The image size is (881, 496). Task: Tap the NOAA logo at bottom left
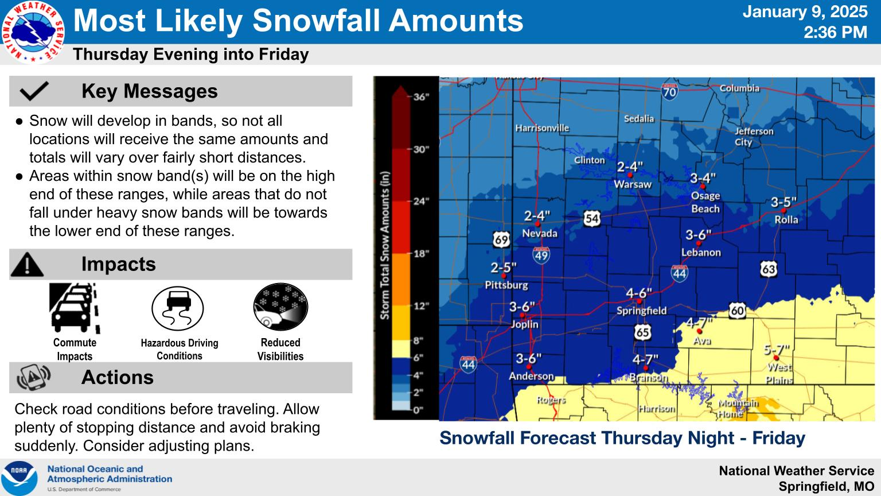click(x=19, y=478)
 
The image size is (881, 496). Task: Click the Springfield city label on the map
click(x=641, y=311)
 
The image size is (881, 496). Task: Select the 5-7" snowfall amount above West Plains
click(x=777, y=349)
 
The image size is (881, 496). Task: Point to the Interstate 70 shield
click(x=669, y=91)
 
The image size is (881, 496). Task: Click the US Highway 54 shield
click(x=592, y=218)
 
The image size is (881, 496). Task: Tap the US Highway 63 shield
click(x=769, y=268)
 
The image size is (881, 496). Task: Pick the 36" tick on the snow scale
click(x=421, y=97)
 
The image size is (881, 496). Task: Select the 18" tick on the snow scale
click(x=421, y=253)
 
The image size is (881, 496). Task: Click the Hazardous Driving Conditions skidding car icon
click(x=177, y=308)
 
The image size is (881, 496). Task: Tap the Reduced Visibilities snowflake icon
click(x=280, y=307)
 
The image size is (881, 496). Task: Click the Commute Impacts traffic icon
click(x=75, y=308)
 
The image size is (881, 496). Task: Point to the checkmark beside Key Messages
click(x=34, y=91)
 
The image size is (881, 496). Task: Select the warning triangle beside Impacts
click(x=27, y=264)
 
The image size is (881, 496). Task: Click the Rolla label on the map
click(x=786, y=219)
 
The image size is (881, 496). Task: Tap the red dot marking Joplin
click(x=523, y=316)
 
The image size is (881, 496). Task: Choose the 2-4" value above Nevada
click(x=537, y=216)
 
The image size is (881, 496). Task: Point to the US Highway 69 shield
click(x=501, y=239)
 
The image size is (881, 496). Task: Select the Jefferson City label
click(x=754, y=136)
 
